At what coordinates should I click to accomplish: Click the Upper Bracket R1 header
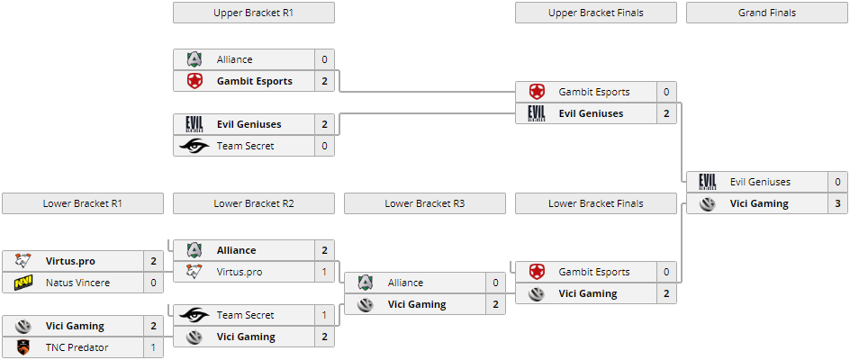[253, 13]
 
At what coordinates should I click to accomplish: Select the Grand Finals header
[766, 13]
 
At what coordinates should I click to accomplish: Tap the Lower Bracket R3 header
[424, 203]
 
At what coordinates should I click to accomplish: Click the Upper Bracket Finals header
[595, 13]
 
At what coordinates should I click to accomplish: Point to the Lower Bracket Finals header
[595, 203]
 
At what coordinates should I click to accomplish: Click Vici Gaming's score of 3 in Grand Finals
[837, 203]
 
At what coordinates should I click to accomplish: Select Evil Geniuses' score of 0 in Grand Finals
[837, 182]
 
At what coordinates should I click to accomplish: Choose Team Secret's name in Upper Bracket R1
[245, 146]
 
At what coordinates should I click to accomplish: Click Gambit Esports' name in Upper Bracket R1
[254, 81]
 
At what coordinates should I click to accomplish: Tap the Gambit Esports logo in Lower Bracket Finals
[537, 272]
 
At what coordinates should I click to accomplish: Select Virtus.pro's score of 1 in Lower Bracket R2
[324, 272]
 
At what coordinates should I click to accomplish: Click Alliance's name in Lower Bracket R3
[405, 283]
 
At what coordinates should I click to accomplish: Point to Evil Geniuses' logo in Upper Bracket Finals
[537, 113]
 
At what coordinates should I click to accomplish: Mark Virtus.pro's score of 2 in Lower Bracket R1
[153, 261]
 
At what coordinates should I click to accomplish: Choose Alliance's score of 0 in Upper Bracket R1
[324, 59]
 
